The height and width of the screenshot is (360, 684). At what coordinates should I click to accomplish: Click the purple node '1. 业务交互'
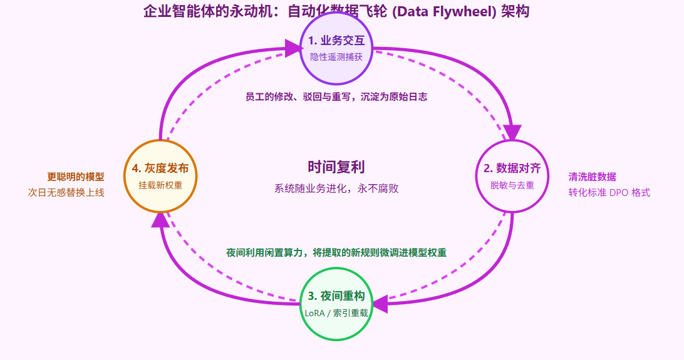tap(337, 48)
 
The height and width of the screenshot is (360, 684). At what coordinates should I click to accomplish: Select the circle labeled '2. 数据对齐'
tap(512, 175)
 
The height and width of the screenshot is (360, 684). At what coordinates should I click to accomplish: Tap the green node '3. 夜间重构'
tap(336, 304)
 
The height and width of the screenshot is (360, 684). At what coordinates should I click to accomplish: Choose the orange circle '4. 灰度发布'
tap(161, 175)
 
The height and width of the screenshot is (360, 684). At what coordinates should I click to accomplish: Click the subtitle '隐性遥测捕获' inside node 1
tap(336, 56)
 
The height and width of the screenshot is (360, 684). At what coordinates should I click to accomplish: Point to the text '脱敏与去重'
tap(512, 185)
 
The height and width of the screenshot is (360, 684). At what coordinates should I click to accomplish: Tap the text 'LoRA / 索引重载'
tap(336, 312)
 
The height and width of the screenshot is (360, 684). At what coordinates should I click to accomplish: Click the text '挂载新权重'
tap(161, 185)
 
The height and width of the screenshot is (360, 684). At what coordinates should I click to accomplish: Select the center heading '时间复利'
tap(336, 167)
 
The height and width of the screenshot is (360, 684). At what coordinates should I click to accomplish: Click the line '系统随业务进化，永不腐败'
tap(336, 188)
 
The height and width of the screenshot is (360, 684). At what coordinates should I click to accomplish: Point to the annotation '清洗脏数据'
tap(592, 177)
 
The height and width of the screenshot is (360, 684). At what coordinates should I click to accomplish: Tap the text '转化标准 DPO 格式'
tap(609, 192)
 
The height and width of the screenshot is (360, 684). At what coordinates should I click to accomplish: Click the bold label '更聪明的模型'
tap(76, 177)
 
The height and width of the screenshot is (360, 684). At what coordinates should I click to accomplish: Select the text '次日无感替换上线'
tap(66, 192)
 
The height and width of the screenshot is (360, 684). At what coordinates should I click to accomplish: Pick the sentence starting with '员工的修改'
tap(336, 97)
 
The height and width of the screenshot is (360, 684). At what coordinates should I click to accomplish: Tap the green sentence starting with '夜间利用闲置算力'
tap(336, 252)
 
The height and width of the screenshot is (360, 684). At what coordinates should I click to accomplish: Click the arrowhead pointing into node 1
tap(293, 48)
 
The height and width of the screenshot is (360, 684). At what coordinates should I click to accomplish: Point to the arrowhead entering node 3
tap(380, 304)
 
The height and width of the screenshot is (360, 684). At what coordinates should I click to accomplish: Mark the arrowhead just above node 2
tap(512, 133)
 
